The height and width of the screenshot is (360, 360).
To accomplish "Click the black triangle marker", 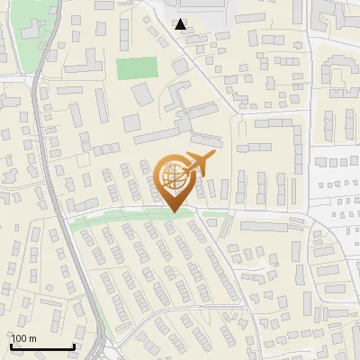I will click(182, 24).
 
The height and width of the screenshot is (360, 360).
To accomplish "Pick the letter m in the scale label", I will click(32, 338).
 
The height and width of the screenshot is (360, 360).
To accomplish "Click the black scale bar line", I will click(42, 346).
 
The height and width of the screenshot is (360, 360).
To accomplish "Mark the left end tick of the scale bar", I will click(12, 345).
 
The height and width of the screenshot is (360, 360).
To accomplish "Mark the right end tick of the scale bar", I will click(74, 345).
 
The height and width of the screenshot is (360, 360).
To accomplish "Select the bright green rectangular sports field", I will click(136, 68).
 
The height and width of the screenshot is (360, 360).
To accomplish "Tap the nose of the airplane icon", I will click(214, 157).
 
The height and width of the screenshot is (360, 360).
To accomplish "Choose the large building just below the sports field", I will click(142, 94).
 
